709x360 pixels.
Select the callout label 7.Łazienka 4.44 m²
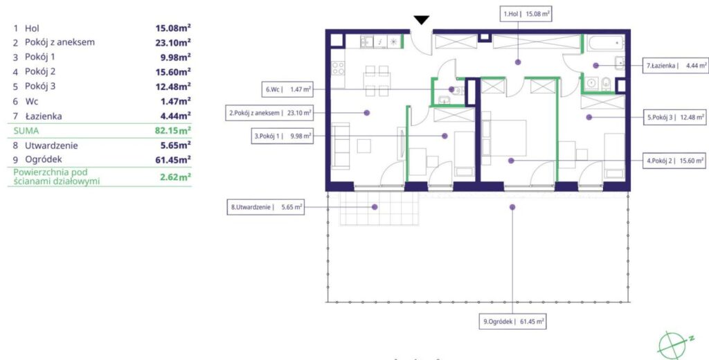(676, 65)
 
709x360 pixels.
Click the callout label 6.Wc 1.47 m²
(288, 89)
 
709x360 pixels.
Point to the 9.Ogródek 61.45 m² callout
(513, 322)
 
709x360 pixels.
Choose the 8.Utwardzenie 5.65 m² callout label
(265, 207)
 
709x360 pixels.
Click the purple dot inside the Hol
(518, 62)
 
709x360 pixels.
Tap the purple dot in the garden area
(512, 207)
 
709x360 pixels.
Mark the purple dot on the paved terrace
(375, 207)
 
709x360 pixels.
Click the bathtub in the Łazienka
(605, 43)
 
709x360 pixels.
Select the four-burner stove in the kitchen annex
(338, 69)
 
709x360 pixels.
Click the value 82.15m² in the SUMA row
(172, 131)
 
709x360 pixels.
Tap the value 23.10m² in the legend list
(173, 42)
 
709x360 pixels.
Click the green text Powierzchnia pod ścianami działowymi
(57, 177)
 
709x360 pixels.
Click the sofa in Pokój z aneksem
(341, 145)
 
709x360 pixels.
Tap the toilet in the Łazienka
(606, 84)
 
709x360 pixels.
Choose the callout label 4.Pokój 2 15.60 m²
(674, 161)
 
